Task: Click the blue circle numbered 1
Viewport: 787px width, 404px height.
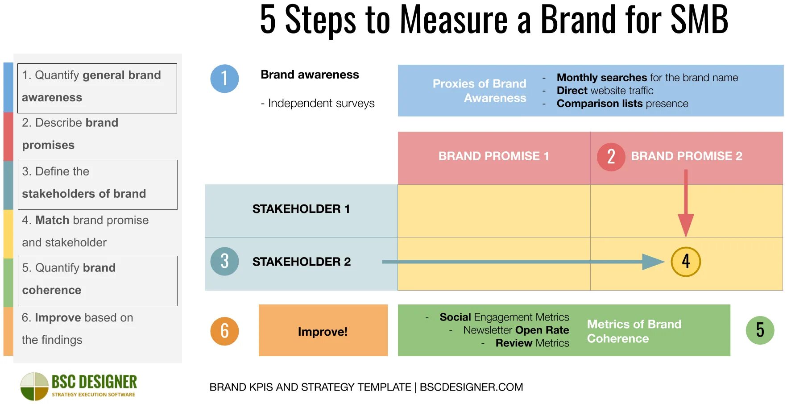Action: [x=224, y=79]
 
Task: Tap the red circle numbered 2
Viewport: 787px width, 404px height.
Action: [x=611, y=157]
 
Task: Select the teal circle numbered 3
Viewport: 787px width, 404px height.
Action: [x=224, y=262]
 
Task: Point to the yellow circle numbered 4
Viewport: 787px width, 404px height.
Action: [x=686, y=262]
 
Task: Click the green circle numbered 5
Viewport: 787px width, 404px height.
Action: [x=760, y=330]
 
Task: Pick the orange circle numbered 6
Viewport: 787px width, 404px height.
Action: [x=224, y=331]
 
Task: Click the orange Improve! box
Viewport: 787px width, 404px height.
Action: [x=323, y=331]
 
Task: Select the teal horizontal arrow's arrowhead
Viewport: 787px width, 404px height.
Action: [x=653, y=262]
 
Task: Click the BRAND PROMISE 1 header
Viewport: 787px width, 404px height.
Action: [x=493, y=156]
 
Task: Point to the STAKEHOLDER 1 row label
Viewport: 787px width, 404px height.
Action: [x=301, y=209]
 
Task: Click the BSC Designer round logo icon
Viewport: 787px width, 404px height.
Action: [x=34, y=387]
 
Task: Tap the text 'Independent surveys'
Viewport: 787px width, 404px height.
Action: [x=321, y=104]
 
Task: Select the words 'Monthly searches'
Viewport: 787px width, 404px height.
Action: [x=601, y=78]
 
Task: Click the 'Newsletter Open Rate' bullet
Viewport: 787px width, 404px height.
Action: [x=516, y=330]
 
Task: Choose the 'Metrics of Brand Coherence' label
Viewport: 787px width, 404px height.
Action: [x=634, y=331]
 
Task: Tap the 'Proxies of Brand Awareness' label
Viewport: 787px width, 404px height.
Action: [x=480, y=91]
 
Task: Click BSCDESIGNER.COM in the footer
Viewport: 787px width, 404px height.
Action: [x=471, y=387]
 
